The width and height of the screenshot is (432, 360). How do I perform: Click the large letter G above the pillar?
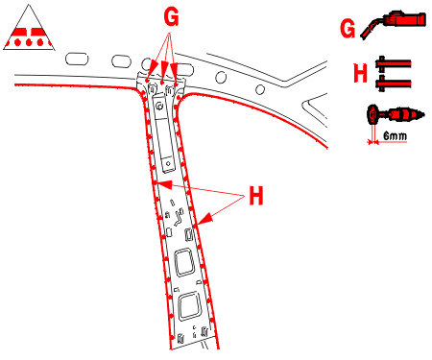pyautogui.click(x=171, y=16)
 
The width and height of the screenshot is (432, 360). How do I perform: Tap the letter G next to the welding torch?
pyautogui.click(x=348, y=29)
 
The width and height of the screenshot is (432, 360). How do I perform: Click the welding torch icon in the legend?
pyautogui.click(x=394, y=24)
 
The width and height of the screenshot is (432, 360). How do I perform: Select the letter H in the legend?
pyautogui.click(x=360, y=73)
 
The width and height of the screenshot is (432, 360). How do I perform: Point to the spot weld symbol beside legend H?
pyautogui.click(x=393, y=74)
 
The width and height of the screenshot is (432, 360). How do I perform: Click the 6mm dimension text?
pyautogui.click(x=395, y=136)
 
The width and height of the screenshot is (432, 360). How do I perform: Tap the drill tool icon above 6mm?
pyautogui.click(x=396, y=114)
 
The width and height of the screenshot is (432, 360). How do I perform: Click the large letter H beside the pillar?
pyautogui.click(x=256, y=196)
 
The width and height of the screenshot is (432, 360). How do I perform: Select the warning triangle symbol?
pyautogui.click(x=29, y=28)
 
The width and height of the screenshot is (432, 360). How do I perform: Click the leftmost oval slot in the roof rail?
pyautogui.click(x=77, y=60)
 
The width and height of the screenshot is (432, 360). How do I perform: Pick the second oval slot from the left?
pyautogui.click(x=121, y=61)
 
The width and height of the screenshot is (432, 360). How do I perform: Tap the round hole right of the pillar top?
pyautogui.click(x=221, y=77)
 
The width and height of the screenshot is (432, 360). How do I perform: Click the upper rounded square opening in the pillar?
pyautogui.click(x=184, y=262)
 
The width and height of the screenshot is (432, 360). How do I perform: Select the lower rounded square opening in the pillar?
pyautogui.click(x=190, y=306)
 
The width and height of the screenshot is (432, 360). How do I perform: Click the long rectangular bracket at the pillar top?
pyautogui.click(x=164, y=134)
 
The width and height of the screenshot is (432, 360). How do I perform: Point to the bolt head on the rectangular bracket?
pyautogui.click(x=159, y=106)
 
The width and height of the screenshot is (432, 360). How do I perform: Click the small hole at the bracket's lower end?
pyautogui.click(x=168, y=164)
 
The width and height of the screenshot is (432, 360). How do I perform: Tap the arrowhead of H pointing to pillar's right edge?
pyautogui.click(x=204, y=220)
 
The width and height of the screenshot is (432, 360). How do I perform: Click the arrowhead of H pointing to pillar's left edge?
pyautogui.click(x=166, y=184)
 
